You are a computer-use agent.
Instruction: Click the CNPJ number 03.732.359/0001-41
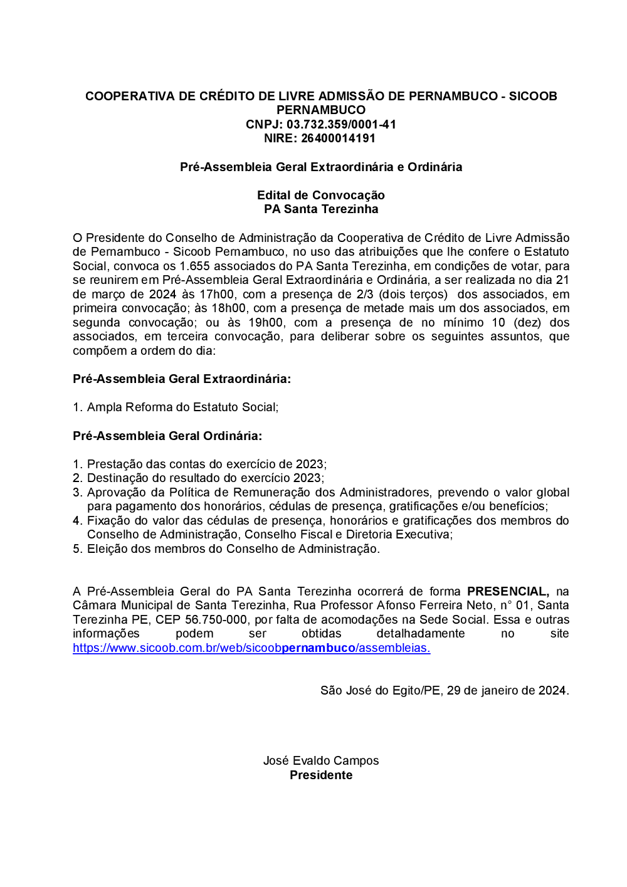(341, 124)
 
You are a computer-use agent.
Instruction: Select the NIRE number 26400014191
(338, 138)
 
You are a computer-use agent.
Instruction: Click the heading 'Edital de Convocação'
(321, 195)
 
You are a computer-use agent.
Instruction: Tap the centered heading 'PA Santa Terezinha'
(321, 209)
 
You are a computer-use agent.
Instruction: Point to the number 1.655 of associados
(194, 266)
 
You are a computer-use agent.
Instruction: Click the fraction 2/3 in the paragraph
(364, 294)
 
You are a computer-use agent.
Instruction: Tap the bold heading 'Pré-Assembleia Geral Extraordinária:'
(182, 379)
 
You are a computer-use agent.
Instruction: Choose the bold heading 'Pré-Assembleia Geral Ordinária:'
(167, 436)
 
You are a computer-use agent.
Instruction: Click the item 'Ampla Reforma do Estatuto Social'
(182, 407)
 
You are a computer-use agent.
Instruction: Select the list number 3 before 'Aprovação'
(77, 492)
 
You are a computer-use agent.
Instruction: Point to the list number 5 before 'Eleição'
(77, 548)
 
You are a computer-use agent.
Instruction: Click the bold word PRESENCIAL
(508, 591)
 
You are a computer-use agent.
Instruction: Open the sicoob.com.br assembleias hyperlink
(251, 648)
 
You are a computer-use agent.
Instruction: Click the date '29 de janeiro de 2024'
(507, 690)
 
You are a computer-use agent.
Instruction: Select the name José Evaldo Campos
(321, 760)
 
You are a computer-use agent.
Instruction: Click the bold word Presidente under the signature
(321, 775)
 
